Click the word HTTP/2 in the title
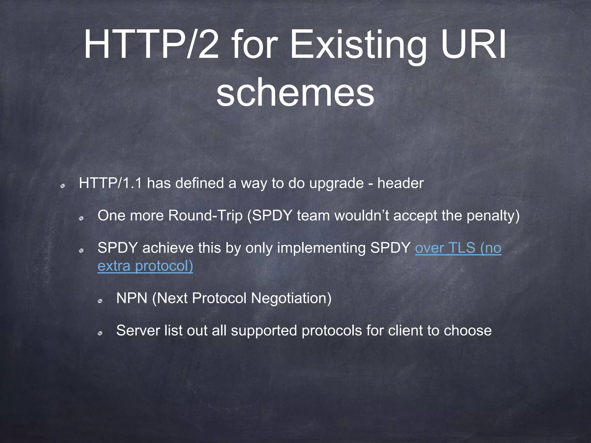[151, 45]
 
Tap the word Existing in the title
[358, 46]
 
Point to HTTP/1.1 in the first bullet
[111, 183]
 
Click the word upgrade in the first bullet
[336, 184]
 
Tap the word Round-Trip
[205, 216]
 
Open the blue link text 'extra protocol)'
[145, 266]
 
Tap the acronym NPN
[132, 298]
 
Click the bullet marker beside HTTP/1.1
[62, 186]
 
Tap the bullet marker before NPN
[100, 301]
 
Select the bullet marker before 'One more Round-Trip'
[81, 218]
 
